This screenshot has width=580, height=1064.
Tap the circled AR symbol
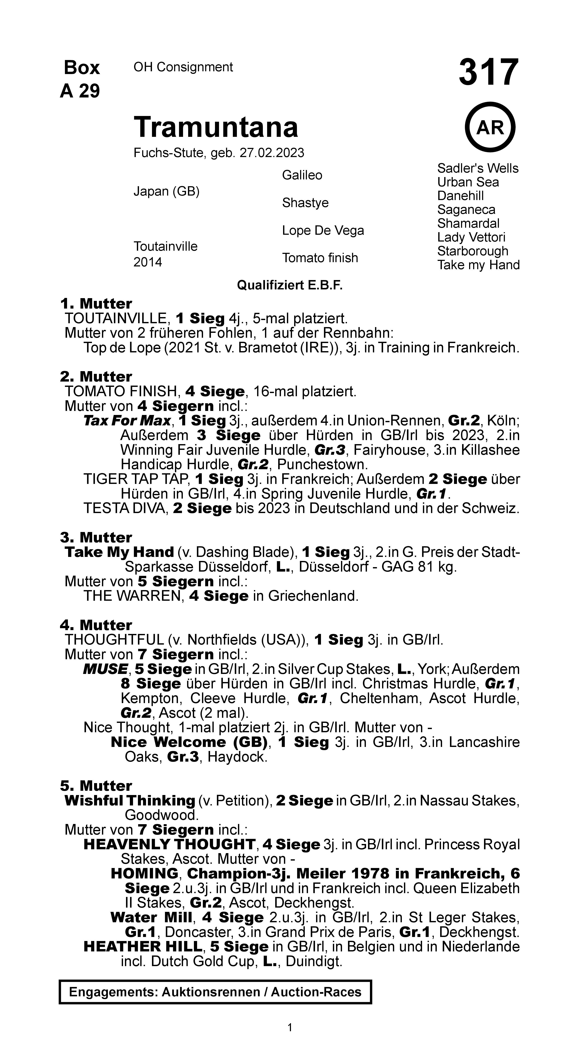(490, 128)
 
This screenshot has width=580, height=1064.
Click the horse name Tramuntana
(216, 127)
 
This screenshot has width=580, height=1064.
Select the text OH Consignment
(183, 67)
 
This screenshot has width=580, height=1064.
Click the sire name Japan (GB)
(166, 191)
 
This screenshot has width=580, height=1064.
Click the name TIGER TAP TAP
(136, 479)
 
